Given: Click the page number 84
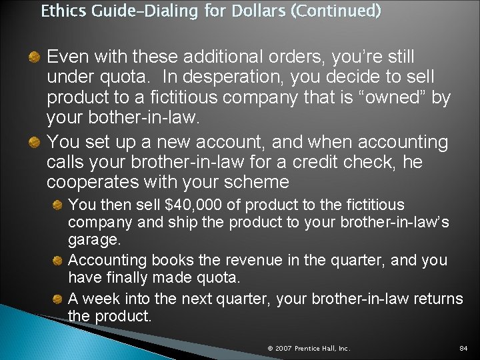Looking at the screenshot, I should coord(463,348).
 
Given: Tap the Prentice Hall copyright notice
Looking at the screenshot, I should coord(309,348).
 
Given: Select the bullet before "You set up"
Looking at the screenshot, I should coord(35,141).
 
